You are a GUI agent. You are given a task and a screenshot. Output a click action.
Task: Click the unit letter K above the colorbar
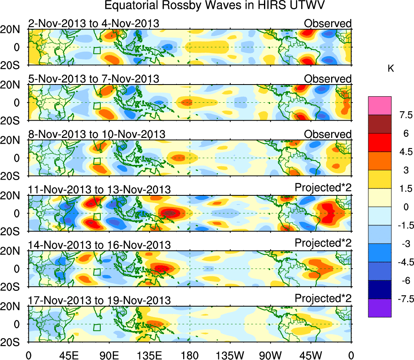(391, 69)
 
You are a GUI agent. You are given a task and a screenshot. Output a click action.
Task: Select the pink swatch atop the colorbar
(380, 106)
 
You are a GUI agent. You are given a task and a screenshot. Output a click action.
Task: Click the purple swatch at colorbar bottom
(380, 308)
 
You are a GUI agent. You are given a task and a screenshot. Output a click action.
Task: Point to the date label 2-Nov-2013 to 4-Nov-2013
(93, 23)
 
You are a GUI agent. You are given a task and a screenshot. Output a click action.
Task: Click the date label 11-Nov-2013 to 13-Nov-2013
(99, 189)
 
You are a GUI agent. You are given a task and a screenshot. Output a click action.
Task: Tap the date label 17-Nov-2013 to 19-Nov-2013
(99, 300)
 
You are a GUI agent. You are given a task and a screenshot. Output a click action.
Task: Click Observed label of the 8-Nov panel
(328, 134)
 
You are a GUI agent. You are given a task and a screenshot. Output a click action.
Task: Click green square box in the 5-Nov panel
(97, 106)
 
